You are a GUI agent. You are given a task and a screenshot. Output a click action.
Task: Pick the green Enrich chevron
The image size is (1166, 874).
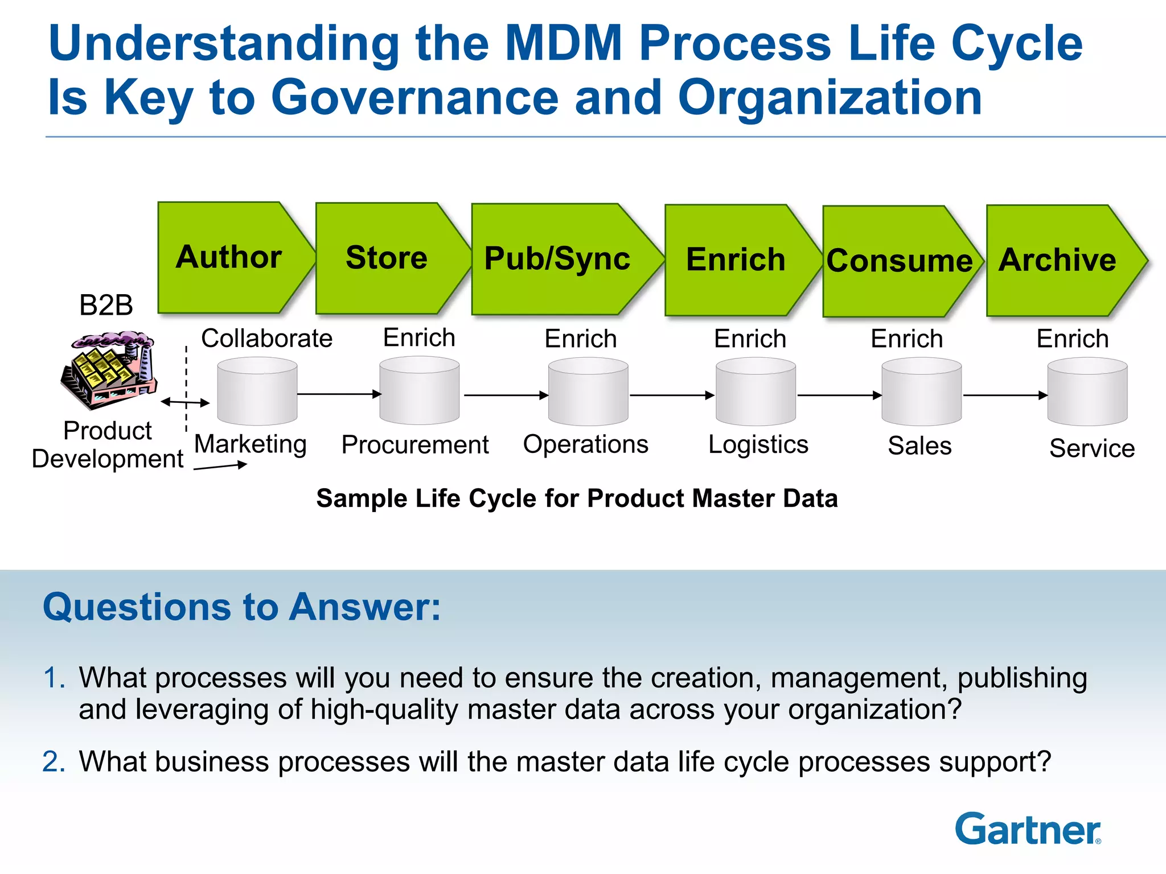pyautogui.click(x=736, y=260)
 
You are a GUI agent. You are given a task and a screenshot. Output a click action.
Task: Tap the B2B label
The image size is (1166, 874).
pyautogui.click(x=106, y=305)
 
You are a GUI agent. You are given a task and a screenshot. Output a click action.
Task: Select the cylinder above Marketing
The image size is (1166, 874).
pyautogui.click(x=257, y=391)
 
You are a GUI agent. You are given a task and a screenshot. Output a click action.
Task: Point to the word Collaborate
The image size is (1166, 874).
pyautogui.click(x=266, y=338)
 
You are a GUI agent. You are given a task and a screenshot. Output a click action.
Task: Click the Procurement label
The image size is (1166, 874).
pyautogui.click(x=414, y=444)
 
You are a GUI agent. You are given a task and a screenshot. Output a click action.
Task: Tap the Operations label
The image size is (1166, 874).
pyautogui.click(x=585, y=444)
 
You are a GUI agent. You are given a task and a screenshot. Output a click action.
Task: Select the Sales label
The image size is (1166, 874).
pyautogui.click(x=919, y=446)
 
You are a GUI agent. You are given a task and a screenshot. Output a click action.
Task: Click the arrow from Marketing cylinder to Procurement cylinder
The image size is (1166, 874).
pyautogui.click(x=339, y=394)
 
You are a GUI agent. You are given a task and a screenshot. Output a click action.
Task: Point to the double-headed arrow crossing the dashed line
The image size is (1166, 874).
pyautogui.click(x=186, y=402)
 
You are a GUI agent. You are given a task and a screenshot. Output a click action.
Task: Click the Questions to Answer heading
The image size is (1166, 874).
pyautogui.click(x=242, y=607)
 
